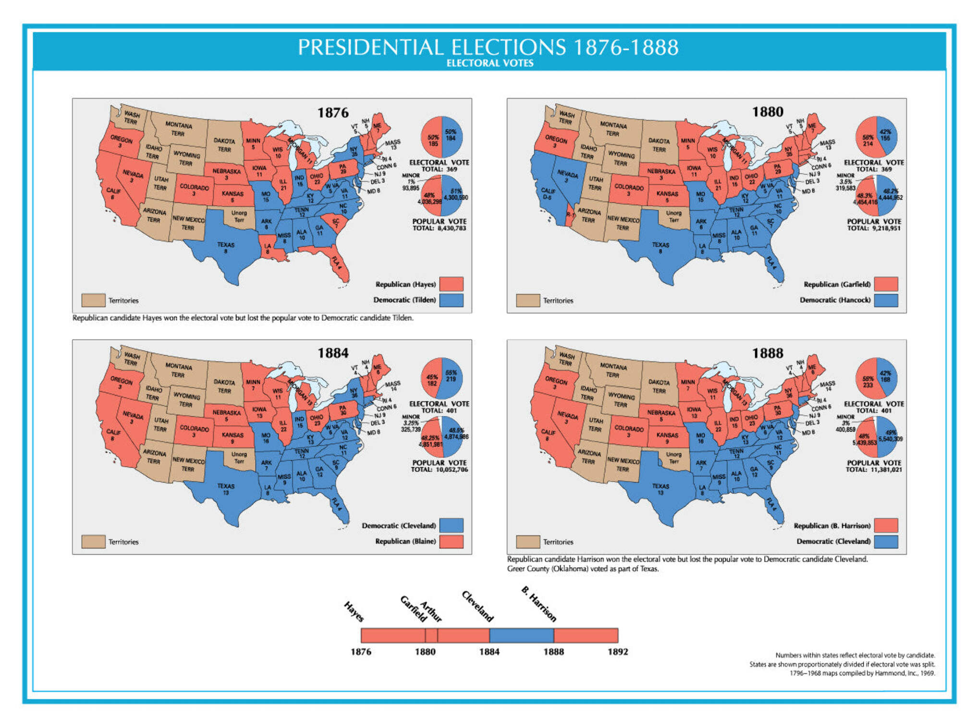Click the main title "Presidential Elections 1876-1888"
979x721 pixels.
[x=488, y=47]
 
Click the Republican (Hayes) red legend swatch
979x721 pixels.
[x=452, y=284]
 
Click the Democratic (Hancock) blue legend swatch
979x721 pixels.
[x=886, y=300]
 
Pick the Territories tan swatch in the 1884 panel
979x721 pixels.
[x=93, y=542]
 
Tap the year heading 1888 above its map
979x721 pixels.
[x=767, y=353]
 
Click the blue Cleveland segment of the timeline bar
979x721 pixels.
[x=521, y=635]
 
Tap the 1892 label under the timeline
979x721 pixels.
[x=617, y=652]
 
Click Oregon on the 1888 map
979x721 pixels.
[x=555, y=383]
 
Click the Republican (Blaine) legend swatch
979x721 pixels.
[x=452, y=541]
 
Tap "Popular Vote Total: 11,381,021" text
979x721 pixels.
[x=874, y=466]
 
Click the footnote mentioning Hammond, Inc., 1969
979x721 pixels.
[x=862, y=673]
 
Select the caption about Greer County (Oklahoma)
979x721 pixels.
[x=583, y=569]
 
